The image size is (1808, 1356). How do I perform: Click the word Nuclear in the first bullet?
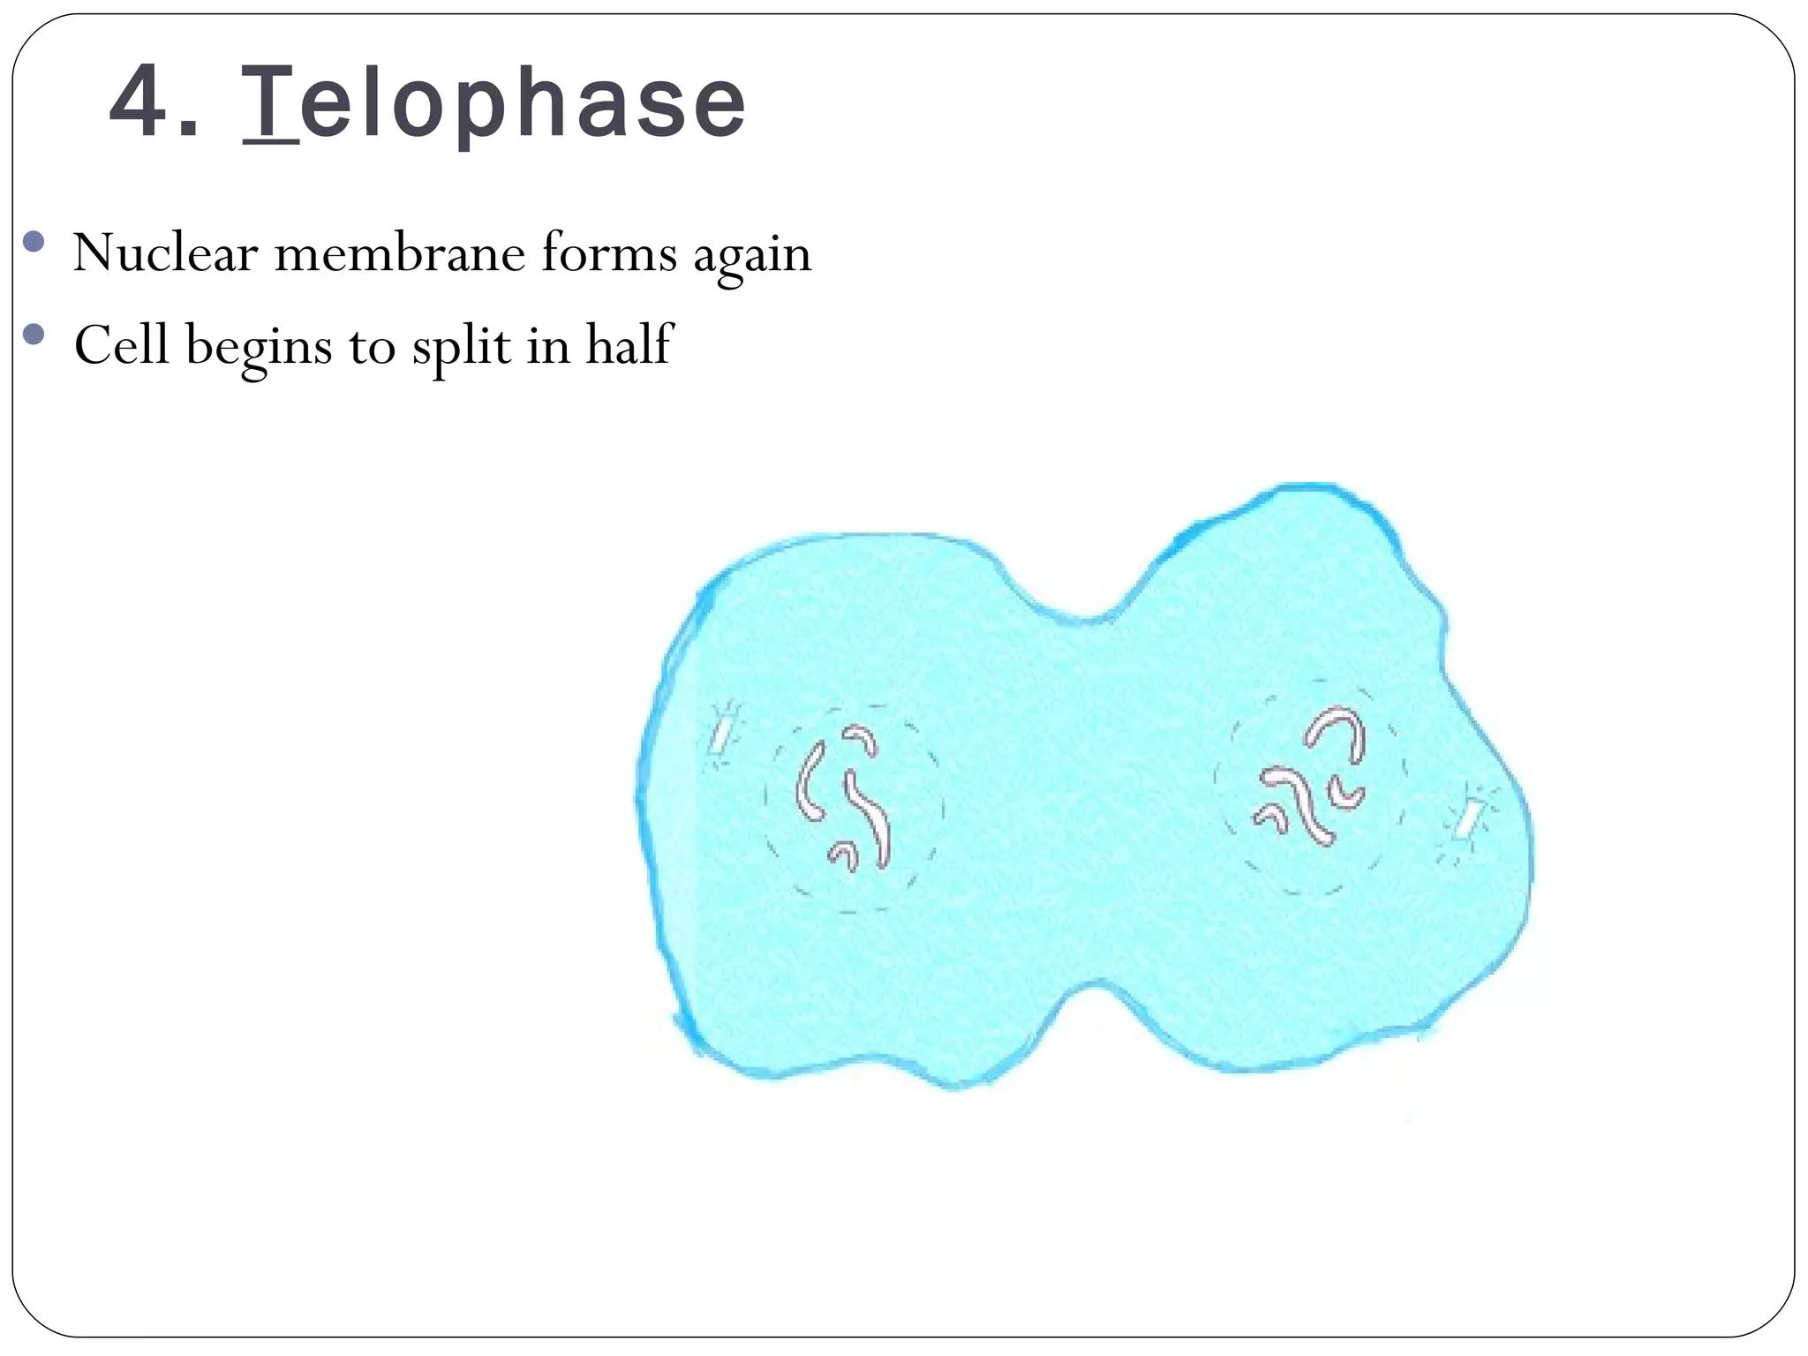(165, 253)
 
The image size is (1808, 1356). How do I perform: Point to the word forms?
(609, 253)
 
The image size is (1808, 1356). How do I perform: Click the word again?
(751, 256)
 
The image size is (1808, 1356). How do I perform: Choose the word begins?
(259, 347)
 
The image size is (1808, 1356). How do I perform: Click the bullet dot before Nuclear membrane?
(34, 242)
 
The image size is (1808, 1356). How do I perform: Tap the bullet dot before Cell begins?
(34, 334)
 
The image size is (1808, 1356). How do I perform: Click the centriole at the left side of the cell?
(722, 732)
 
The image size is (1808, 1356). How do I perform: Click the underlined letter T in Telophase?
(268, 104)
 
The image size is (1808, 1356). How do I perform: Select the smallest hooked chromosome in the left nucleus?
(843, 854)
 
